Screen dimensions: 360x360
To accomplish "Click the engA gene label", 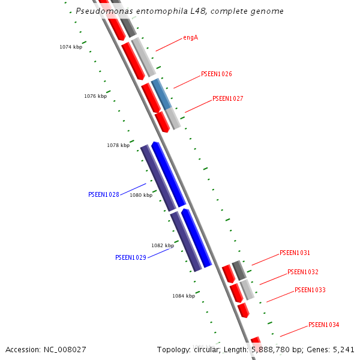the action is pos(191,38).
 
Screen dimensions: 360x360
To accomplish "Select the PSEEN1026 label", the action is pos(217,74).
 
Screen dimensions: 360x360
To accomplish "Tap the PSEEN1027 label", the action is pos(228,98).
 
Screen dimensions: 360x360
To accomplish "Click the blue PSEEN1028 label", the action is pos(104,194).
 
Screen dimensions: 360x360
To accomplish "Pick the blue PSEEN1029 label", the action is pos(131,257).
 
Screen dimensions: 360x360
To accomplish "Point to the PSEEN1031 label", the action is pos(295,253).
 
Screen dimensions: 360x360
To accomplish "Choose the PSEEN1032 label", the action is pos(303,272).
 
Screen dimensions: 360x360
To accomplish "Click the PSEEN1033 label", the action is pos(310,290).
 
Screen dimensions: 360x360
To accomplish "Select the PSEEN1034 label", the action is pos(324,325).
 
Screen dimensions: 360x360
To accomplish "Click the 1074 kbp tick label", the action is pos(71,47).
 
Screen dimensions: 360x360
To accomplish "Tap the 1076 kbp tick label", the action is pos(95,96).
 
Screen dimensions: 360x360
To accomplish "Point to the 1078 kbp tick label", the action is pos(118,145).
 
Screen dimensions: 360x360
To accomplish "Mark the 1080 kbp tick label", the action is pos(141,195).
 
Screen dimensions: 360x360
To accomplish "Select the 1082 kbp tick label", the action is pos(163,245).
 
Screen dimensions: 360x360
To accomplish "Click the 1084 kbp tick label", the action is pos(184,296).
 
